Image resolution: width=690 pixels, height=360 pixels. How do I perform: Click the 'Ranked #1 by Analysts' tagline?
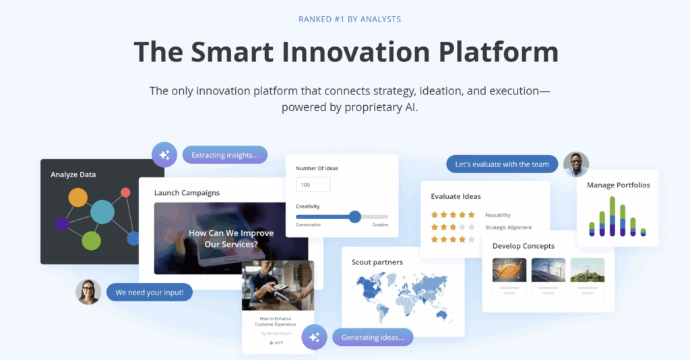point(350,19)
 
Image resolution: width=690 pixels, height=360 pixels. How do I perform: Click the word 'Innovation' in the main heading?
point(342,53)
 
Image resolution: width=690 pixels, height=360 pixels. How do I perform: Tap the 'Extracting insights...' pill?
point(224,155)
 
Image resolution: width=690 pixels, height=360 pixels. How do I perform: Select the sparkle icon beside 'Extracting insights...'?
point(164,155)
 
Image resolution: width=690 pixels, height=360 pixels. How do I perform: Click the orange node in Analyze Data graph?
point(78,198)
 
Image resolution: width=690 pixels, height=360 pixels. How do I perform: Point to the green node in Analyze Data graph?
point(91,240)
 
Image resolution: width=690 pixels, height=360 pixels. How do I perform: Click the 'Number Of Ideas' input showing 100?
point(313,185)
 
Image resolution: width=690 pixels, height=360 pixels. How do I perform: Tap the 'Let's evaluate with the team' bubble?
point(502,164)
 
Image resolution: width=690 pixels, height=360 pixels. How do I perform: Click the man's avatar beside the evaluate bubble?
point(576,164)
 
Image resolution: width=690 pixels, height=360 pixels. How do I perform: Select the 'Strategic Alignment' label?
point(508,227)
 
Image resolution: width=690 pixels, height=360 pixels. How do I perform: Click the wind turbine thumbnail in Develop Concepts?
point(548,270)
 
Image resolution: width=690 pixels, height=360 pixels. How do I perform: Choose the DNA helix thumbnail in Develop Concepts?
point(509,270)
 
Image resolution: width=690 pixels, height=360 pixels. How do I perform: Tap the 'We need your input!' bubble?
point(150,293)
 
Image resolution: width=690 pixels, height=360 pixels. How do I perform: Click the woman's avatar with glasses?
point(88,292)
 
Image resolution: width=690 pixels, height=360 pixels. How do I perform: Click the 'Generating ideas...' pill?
point(372,337)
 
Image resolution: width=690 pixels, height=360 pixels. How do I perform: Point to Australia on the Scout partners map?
point(442,315)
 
